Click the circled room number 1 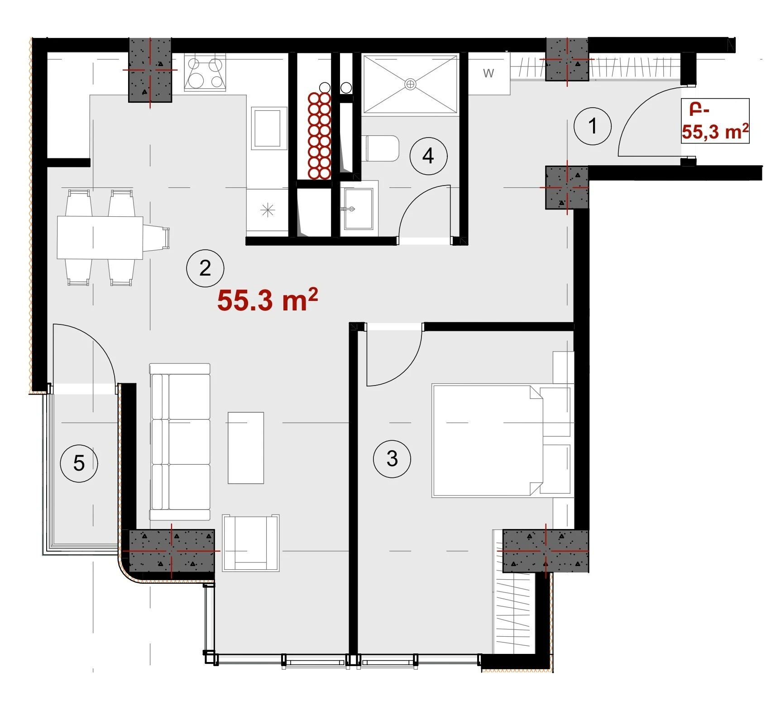[592, 126]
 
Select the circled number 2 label [205, 268]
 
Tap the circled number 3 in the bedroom [392, 459]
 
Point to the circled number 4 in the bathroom [428, 156]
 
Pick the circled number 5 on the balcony [79, 463]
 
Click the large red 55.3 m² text [268, 300]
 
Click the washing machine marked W [489, 73]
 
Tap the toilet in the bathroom [382, 149]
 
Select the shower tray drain [410, 84]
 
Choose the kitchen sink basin [269, 128]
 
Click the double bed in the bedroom [487, 441]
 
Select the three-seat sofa [180, 442]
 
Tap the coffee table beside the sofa [246, 448]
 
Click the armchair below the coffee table [251, 543]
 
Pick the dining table [100, 238]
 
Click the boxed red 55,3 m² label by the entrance [715, 121]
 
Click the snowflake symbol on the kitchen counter [268, 210]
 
